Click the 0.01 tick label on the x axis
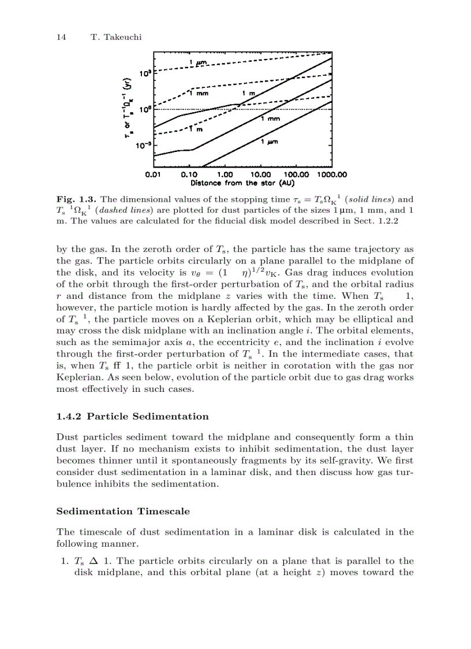click(x=152, y=174)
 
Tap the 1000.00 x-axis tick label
click(x=331, y=174)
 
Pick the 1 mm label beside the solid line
click(x=271, y=119)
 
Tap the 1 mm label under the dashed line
click(x=199, y=93)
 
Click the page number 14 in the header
click(x=61, y=37)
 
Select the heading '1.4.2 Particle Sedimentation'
click(x=132, y=416)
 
